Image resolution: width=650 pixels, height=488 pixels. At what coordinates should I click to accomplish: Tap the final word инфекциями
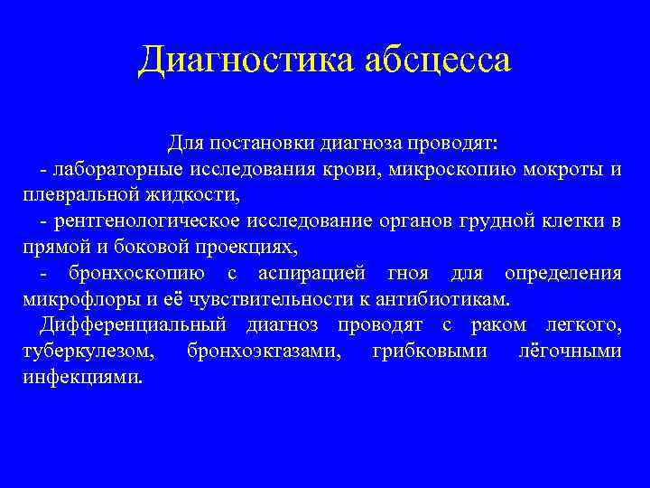[x=79, y=377]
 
